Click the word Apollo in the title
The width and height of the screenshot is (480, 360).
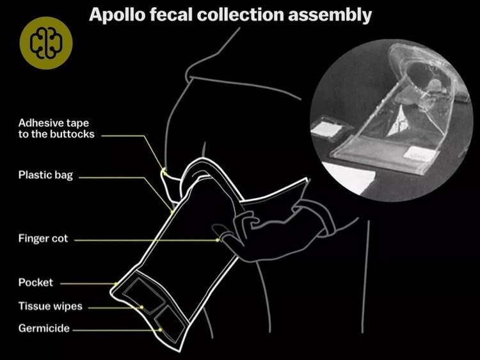[117, 15]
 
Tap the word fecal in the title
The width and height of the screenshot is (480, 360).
[171, 14]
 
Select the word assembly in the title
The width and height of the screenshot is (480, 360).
[330, 15]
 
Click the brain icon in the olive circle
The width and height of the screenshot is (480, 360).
[46, 43]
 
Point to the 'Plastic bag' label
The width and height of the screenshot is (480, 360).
[45, 175]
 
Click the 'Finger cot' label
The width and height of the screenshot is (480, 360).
[43, 239]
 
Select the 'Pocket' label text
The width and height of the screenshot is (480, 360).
[35, 283]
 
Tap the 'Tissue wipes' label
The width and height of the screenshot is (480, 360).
[50, 306]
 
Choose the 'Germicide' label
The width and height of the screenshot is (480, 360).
[44, 328]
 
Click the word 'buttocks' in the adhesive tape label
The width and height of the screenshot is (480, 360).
[72, 134]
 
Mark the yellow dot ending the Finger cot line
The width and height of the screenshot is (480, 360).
[218, 240]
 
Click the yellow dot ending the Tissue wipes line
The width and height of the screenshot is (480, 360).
[141, 307]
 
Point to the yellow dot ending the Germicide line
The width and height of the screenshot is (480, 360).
[160, 330]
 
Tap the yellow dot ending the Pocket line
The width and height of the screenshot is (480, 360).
[116, 284]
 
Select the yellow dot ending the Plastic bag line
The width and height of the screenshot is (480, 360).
[172, 212]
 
